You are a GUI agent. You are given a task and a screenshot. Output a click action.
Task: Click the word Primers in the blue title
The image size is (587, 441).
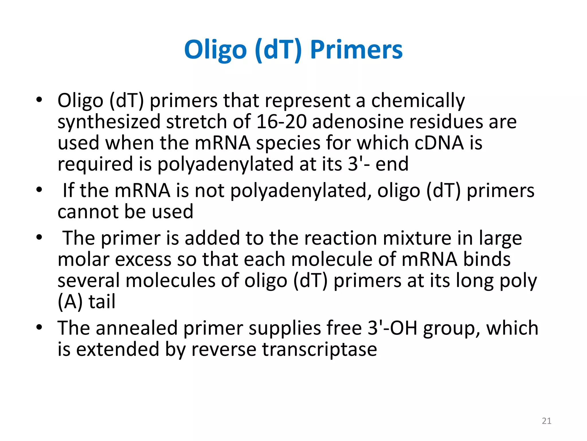tap(356, 50)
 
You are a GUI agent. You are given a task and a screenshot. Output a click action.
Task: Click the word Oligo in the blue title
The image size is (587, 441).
tap(215, 50)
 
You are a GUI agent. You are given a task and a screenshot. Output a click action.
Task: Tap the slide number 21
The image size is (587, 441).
tap(547, 421)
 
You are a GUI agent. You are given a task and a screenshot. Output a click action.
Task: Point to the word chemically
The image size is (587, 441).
tap(418, 101)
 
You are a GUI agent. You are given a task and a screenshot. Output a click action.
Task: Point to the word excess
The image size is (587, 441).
tap(143, 259)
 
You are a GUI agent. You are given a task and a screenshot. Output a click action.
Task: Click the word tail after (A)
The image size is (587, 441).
tap(102, 301)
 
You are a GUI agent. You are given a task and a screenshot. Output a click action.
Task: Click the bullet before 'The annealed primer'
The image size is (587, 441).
tap(39, 327)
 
